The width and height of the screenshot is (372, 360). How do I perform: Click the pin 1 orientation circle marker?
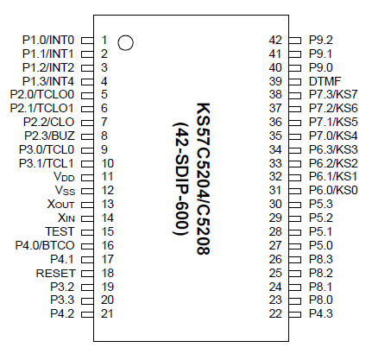tap(126, 42)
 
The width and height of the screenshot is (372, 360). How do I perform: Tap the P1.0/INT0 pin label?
tap(48, 40)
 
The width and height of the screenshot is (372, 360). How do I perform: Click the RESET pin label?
tap(56, 272)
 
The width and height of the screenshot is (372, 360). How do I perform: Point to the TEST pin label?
tap(60, 231)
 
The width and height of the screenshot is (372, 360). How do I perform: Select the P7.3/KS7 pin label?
tap(333, 94)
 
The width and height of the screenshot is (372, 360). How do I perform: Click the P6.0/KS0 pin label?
tap(333, 190)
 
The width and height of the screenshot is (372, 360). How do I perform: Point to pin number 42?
tap(275, 40)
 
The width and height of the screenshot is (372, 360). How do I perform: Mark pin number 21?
tap(107, 313)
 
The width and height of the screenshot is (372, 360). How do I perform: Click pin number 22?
tap(275, 313)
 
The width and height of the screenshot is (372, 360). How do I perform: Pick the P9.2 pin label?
tap(320, 40)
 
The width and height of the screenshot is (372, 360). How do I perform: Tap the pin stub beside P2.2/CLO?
tap(87, 122)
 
